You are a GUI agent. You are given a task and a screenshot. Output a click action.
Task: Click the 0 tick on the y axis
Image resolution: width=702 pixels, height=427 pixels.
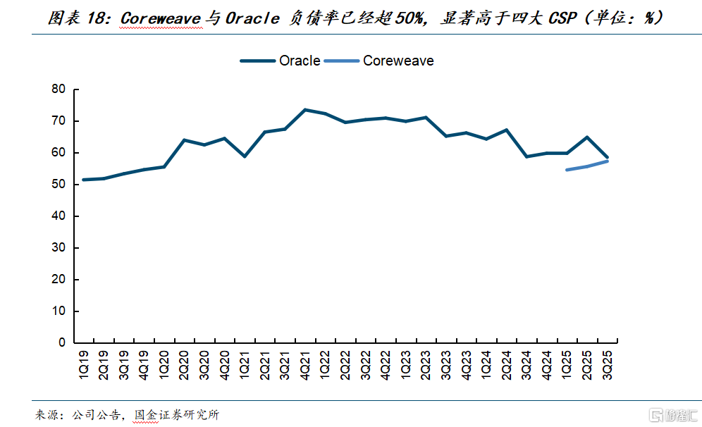tap(61, 342)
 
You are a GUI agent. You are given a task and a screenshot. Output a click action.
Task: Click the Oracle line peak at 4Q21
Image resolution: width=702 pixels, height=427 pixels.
tap(305, 110)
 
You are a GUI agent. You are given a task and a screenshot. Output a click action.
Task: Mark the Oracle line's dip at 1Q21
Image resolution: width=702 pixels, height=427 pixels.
tap(245, 156)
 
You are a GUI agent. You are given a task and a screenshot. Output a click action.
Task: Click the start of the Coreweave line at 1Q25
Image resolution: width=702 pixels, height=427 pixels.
tap(567, 170)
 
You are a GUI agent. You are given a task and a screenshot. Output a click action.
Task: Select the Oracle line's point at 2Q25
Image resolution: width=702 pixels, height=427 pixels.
tap(587, 137)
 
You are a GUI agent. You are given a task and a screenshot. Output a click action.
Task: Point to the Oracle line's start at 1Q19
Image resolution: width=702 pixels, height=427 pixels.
tap(84, 180)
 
